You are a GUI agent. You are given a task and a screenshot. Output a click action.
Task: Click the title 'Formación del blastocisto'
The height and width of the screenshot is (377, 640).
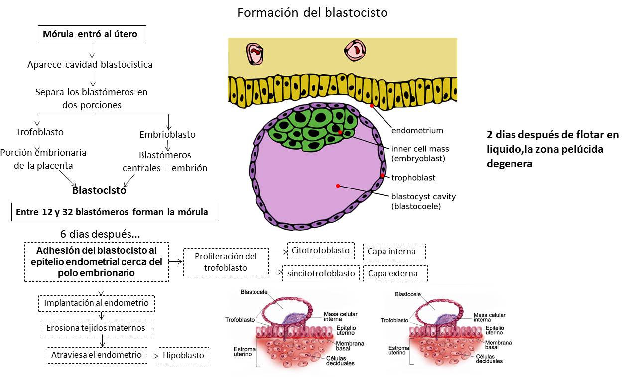(312, 12)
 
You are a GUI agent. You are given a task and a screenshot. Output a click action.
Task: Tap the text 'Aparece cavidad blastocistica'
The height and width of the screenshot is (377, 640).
(90, 65)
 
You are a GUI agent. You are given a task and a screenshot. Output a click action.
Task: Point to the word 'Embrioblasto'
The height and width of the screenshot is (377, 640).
(167, 135)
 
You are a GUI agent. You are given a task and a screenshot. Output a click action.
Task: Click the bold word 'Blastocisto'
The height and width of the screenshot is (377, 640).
(99, 190)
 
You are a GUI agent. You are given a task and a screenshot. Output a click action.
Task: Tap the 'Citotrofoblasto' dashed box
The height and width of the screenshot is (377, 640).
(321, 251)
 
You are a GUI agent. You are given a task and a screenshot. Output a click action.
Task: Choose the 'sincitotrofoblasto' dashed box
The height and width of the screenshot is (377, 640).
(321, 273)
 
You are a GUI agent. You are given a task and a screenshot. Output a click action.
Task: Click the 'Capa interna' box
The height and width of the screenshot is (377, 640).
(394, 252)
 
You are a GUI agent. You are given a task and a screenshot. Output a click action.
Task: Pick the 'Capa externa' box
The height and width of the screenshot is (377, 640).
(394, 274)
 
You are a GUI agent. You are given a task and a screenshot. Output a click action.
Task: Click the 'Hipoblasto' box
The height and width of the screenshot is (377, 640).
(183, 356)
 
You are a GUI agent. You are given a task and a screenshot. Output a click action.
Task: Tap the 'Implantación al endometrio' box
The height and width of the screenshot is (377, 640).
(97, 303)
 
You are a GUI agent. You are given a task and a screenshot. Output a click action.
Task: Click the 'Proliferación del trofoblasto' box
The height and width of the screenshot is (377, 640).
(226, 262)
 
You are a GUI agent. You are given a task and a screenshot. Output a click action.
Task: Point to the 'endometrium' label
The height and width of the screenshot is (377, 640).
(417, 131)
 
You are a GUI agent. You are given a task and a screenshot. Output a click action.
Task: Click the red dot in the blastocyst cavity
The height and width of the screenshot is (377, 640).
(338, 186)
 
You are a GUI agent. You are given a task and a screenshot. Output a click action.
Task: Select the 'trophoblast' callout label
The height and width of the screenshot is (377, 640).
(413, 177)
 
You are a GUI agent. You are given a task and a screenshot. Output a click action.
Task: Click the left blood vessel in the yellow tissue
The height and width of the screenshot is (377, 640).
(255, 53)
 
